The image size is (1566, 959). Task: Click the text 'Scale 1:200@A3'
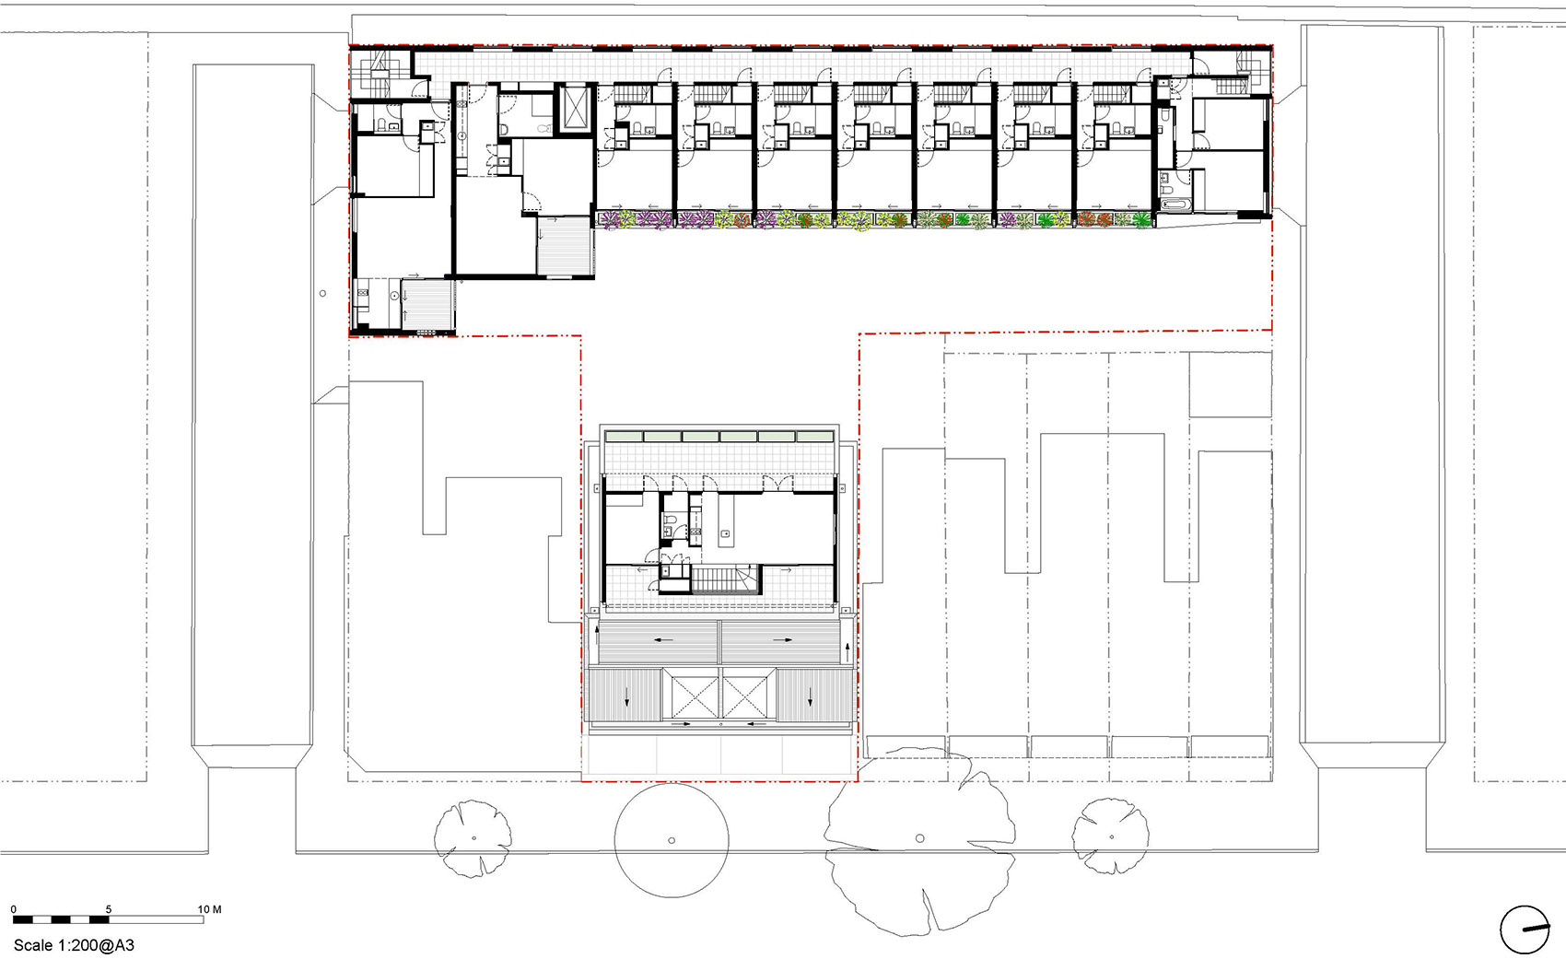pyautogui.click(x=74, y=945)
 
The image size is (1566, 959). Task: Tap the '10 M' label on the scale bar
pyautogui.click(x=209, y=909)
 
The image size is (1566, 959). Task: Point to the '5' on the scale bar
pyautogui.click(x=109, y=909)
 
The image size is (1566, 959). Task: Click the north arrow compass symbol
pyautogui.click(x=1525, y=930)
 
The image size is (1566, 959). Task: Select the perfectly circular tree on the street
pyautogui.click(x=672, y=840)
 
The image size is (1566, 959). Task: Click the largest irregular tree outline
pyautogui.click(x=920, y=841)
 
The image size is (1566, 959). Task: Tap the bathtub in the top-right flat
pyautogui.click(x=1176, y=205)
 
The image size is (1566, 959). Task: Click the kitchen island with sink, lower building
pyautogui.click(x=727, y=520)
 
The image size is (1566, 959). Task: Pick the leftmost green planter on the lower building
pyautogui.click(x=624, y=436)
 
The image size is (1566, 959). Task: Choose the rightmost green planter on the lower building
pyautogui.click(x=814, y=436)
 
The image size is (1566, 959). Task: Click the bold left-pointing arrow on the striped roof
pyautogui.click(x=663, y=639)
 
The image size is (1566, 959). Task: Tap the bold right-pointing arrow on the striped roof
pyautogui.click(x=782, y=639)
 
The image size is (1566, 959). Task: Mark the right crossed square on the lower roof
pyautogui.click(x=749, y=693)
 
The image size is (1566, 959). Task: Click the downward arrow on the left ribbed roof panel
pyautogui.click(x=626, y=696)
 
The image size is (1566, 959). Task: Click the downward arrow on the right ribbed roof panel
pyautogui.click(x=811, y=696)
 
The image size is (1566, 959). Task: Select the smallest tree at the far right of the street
pyautogui.click(x=1111, y=836)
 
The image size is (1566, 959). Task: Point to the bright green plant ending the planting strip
pyautogui.click(x=1141, y=220)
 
